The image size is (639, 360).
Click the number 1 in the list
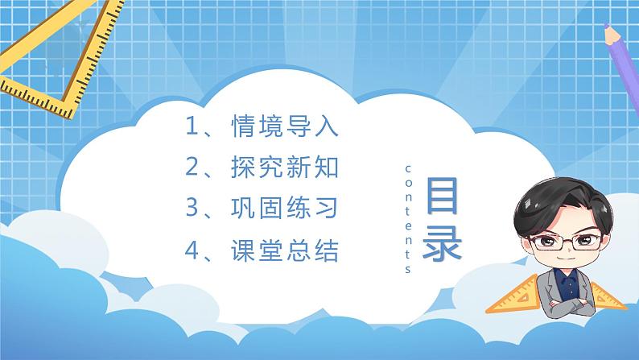pos(192,127)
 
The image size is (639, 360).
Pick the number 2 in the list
pos(192,168)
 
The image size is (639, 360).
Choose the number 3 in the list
pos(192,209)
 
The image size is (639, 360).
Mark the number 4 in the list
pos(192,252)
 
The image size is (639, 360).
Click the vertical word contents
pos(408,217)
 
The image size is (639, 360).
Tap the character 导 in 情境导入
pos(295,127)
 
